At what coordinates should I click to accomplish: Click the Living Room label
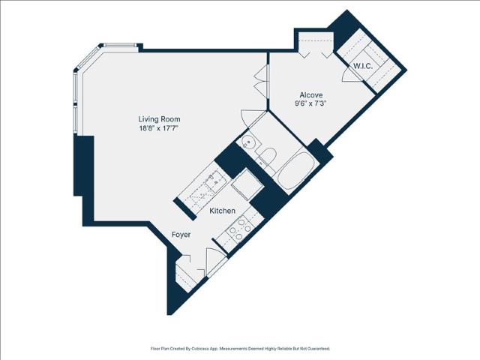(x=159, y=119)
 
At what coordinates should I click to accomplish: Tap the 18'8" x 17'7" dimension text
(x=159, y=128)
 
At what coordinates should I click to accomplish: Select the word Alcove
(x=311, y=95)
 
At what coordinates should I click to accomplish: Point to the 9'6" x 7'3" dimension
(x=310, y=103)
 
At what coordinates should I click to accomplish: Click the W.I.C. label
(x=363, y=66)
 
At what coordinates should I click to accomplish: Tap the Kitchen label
(x=223, y=211)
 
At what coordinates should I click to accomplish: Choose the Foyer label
(x=181, y=235)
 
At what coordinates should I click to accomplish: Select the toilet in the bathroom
(x=267, y=156)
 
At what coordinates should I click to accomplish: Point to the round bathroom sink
(x=248, y=142)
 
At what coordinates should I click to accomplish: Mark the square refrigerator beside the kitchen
(x=247, y=184)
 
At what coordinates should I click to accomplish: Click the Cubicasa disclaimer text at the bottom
(x=240, y=348)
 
